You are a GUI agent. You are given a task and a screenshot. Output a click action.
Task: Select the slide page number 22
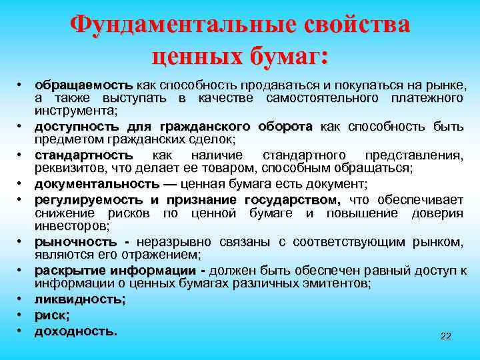[x=446, y=337]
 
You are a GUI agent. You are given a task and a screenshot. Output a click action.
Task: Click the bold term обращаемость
[x=84, y=86]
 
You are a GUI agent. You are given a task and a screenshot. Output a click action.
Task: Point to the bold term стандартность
[x=84, y=155]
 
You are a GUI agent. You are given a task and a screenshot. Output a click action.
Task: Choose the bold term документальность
[x=97, y=183]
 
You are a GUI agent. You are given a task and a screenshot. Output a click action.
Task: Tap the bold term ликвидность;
[x=80, y=299]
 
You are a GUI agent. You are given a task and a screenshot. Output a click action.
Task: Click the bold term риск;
[x=52, y=315]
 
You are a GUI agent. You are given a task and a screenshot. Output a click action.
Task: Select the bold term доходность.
[x=76, y=330]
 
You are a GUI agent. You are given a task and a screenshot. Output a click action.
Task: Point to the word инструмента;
[x=76, y=110]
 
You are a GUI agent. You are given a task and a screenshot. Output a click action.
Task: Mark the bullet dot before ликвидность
[x=21, y=300]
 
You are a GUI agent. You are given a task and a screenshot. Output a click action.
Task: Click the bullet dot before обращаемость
[x=21, y=87]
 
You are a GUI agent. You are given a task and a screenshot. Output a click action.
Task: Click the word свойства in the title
[x=357, y=25]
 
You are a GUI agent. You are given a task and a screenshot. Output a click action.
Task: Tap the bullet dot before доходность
[x=21, y=331]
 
